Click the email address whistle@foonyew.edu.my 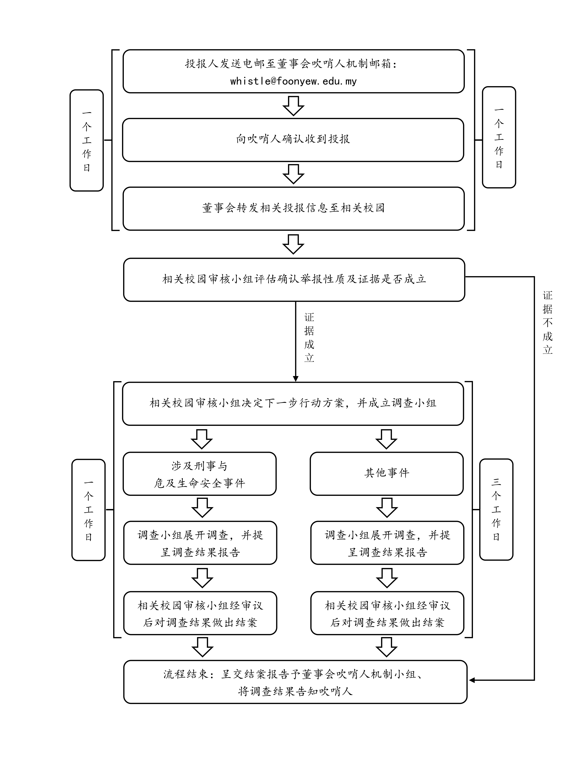pyautogui.click(x=293, y=82)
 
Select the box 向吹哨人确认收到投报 pyautogui.click(x=293, y=140)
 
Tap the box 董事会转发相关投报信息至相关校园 pyautogui.click(x=293, y=208)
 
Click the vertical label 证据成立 pyautogui.click(x=309, y=338)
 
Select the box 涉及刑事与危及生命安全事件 pyautogui.click(x=200, y=474)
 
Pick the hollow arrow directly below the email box pyautogui.click(x=293, y=106)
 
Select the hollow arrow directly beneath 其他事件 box pyautogui.click(x=387, y=508)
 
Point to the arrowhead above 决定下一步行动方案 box pyautogui.click(x=295, y=379)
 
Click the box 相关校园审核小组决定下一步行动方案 pyautogui.click(x=293, y=404)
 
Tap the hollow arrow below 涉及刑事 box pyautogui.click(x=202, y=508)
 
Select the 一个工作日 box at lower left pyautogui.click(x=89, y=510)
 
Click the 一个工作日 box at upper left pyautogui.click(x=87, y=140)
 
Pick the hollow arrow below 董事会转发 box pyautogui.click(x=293, y=244)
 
